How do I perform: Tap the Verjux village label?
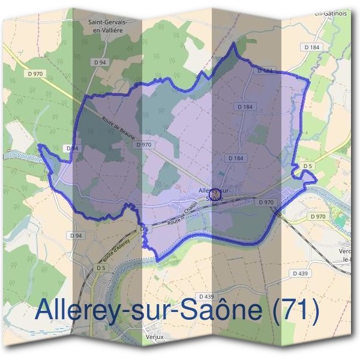[x=154, y=337]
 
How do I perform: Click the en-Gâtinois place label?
[x=331, y=12]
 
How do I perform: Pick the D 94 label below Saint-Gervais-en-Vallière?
[x=100, y=62]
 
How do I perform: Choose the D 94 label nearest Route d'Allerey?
[x=76, y=235]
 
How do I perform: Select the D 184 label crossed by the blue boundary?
[x=266, y=71]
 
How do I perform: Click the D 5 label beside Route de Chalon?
[x=144, y=229]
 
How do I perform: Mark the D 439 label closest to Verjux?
[x=205, y=296]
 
